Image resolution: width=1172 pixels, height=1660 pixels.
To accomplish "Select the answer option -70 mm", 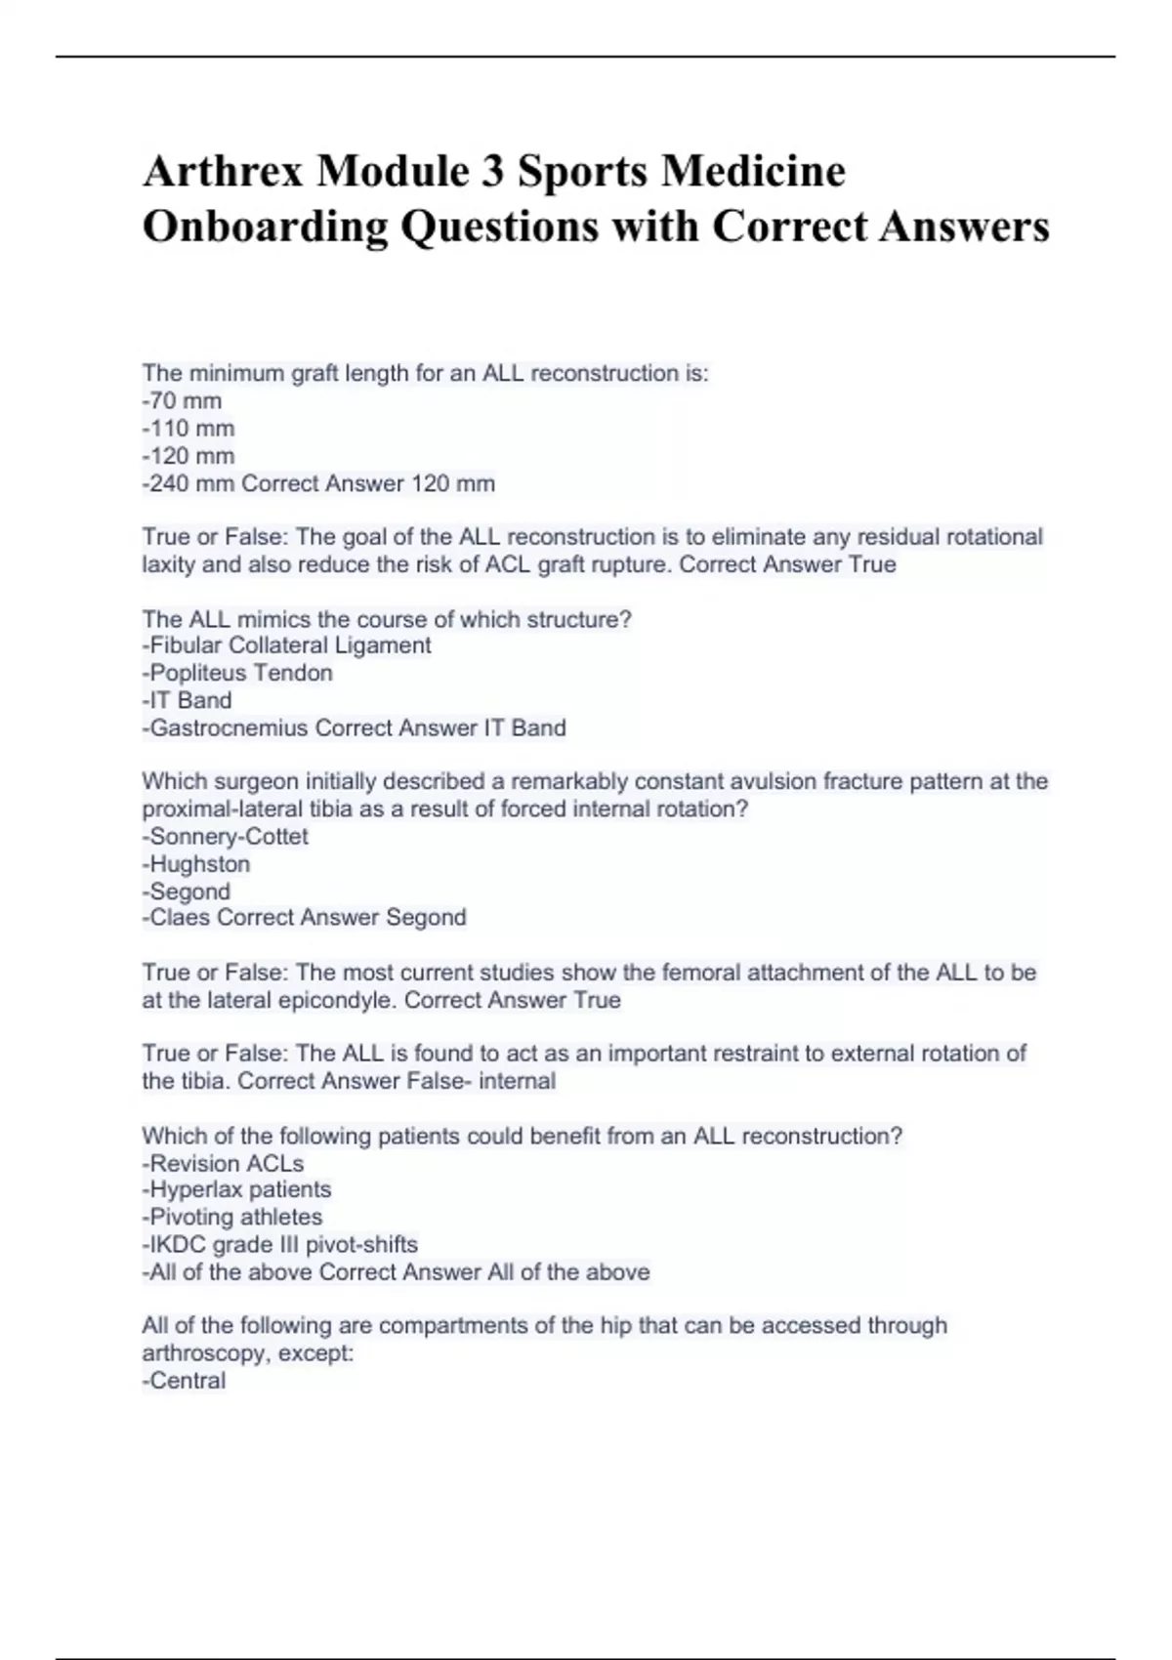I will pyautogui.click(x=183, y=400).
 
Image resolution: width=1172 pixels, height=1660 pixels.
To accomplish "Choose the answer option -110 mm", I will pyautogui.click(x=188, y=428).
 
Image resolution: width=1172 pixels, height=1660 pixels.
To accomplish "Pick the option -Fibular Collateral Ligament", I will pyautogui.click(x=286, y=645).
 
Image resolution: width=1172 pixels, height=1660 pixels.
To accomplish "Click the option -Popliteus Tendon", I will pyautogui.click(x=237, y=673).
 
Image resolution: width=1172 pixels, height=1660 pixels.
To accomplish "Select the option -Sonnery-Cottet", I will pyautogui.click(x=226, y=836).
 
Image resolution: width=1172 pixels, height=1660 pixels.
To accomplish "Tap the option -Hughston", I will pyautogui.click(x=196, y=864).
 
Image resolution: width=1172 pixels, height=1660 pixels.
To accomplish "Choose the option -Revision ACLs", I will pyautogui.click(x=223, y=1163).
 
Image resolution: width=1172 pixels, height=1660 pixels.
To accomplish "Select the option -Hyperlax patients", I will pyautogui.click(x=236, y=1189).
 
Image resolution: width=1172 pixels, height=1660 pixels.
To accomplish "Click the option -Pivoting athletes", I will pyautogui.click(x=232, y=1217).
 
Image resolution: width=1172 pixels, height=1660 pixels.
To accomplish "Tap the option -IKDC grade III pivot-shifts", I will pyautogui.click(x=280, y=1244).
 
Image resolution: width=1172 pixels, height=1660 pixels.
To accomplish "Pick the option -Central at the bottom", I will pyautogui.click(x=185, y=1381).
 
